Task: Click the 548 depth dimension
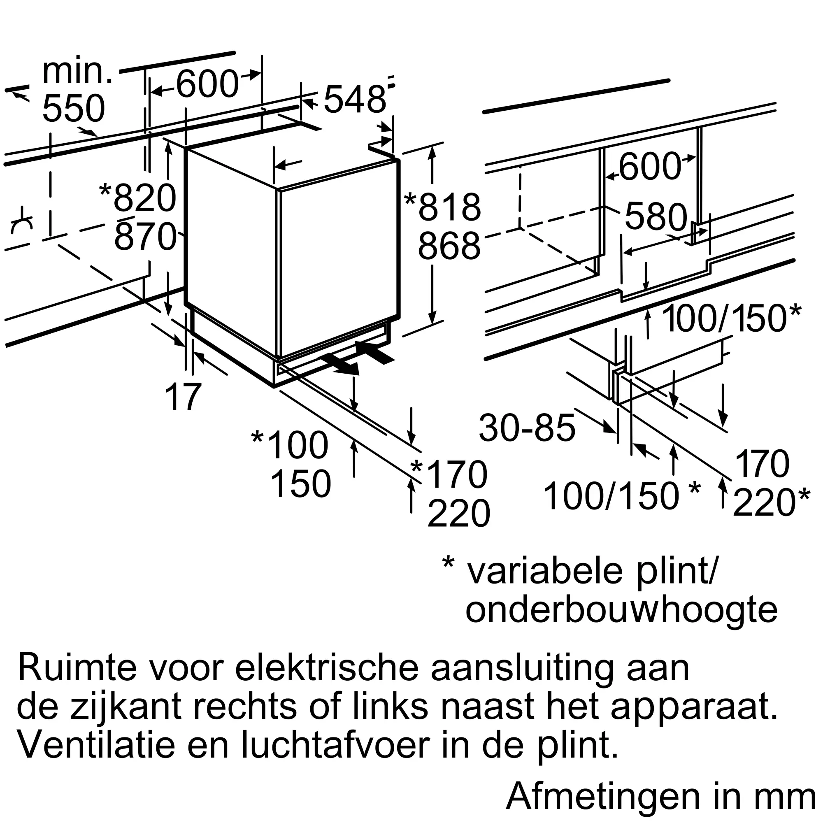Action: coord(355,99)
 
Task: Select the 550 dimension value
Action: coord(74,108)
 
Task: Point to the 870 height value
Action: coord(145,237)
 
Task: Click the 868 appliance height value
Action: coord(449,246)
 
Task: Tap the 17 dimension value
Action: coord(183,397)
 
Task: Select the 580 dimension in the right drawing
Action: coord(656,216)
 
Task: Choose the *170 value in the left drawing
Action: coord(449,474)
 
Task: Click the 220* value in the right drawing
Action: coord(772,503)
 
